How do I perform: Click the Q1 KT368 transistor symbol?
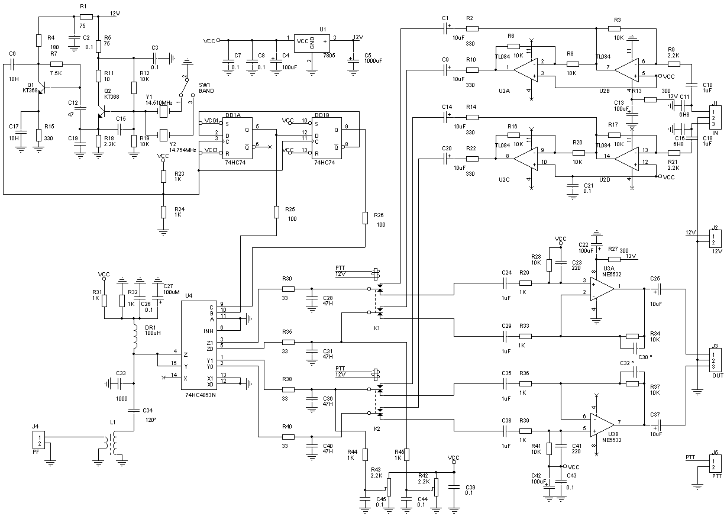click(x=39, y=91)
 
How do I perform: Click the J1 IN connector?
click(x=715, y=117)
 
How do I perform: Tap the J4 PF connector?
click(x=37, y=440)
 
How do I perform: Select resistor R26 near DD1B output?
click(x=366, y=218)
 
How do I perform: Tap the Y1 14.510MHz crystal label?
click(x=159, y=102)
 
